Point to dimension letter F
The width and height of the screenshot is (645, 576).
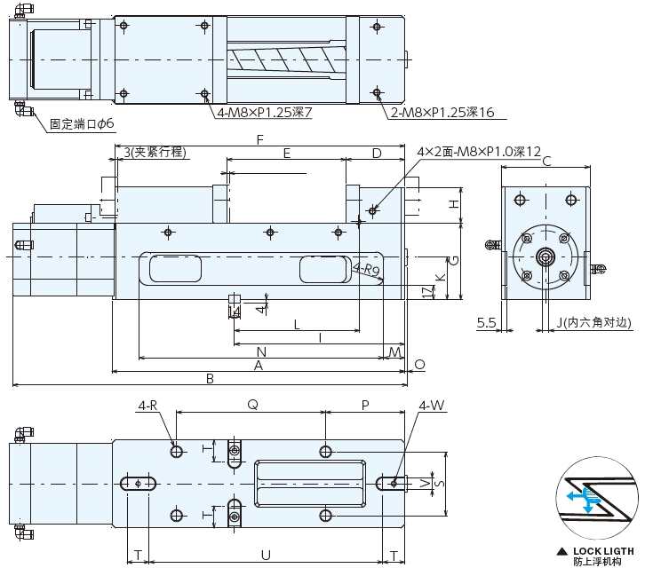point(259,140)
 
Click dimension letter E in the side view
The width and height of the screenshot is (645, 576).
point(286,154)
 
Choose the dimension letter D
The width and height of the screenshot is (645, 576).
point(377,154)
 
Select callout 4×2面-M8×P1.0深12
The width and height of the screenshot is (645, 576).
point(479,153)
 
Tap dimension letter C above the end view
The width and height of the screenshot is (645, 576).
point(546,161)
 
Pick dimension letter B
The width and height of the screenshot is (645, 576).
point(210,378)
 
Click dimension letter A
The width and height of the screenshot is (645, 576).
point(259,364)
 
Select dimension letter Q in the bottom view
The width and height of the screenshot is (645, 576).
point(252,404)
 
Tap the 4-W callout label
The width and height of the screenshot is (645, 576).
point(432,406)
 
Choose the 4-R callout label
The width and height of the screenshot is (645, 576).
point(148,406)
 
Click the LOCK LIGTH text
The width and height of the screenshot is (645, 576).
point(603,551)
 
